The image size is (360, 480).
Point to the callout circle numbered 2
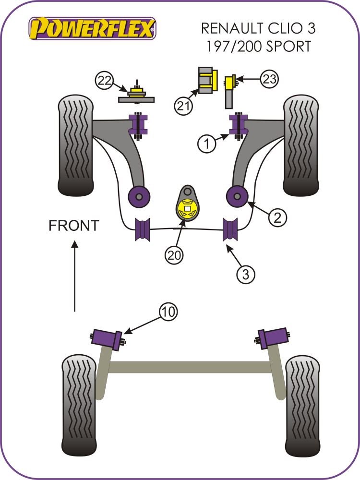click(277, 218)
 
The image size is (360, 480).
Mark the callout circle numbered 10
click(168, 312)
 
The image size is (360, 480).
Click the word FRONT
click(74, 225)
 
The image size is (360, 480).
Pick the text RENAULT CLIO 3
click(258, 28)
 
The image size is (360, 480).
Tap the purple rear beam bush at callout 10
click(107, 338)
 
